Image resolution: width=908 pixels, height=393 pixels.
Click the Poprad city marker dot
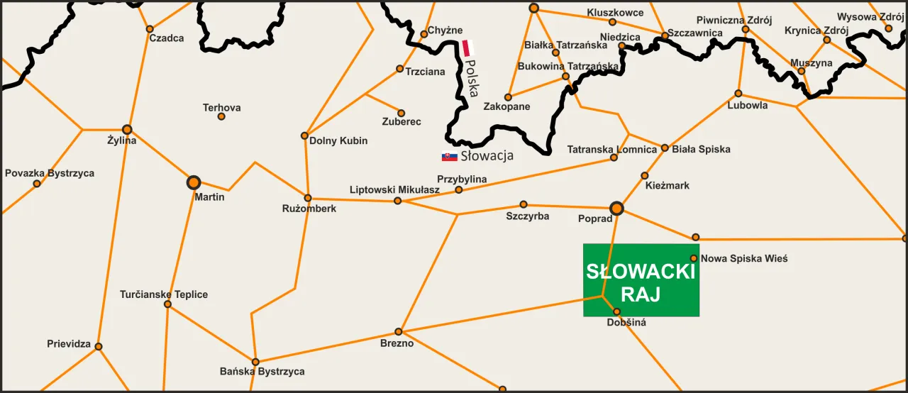(616, 208)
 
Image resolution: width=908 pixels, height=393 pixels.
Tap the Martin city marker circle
(193, 182)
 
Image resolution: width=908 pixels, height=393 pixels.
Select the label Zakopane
(506, 107)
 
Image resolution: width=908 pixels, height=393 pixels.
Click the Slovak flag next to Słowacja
(449, 156)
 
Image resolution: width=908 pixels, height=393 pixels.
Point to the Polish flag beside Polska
(467, 48)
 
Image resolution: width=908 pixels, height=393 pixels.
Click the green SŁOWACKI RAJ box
(641, 280)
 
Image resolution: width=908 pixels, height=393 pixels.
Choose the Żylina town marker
(127, 129)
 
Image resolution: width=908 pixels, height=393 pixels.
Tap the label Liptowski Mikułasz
(394, 189)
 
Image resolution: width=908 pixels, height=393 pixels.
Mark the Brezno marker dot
(399, 331)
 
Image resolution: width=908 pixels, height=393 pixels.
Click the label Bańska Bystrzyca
(262, 372)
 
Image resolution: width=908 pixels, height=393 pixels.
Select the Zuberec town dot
(401, 113)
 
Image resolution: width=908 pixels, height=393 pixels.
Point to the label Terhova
(221, 108)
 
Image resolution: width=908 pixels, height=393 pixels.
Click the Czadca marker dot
(150, 29)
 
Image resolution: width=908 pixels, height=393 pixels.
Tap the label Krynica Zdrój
(816, 31)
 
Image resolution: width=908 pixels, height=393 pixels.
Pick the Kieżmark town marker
(645, 175)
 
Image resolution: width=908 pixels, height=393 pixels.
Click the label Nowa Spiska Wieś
(744, 259)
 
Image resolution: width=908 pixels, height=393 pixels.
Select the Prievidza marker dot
(99, 346)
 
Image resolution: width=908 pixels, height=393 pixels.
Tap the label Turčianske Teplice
(164, 294)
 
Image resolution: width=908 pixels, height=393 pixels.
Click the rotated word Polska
(472, 77)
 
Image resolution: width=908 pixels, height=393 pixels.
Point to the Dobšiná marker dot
(616, 311)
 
